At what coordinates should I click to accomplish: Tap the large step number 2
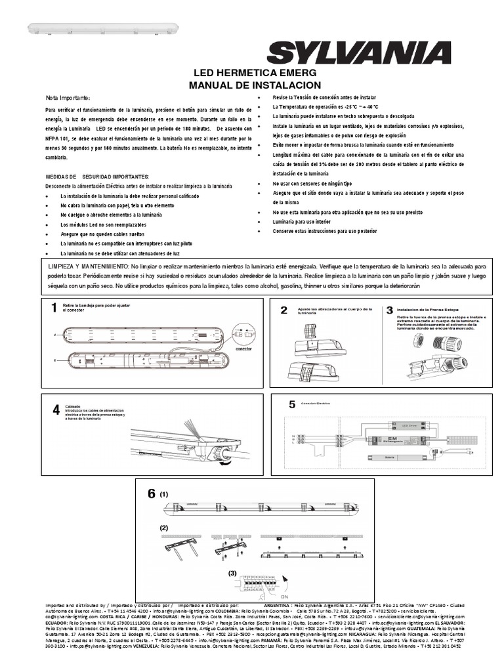pos(284,310)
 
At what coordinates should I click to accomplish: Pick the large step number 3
pos(389,310)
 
